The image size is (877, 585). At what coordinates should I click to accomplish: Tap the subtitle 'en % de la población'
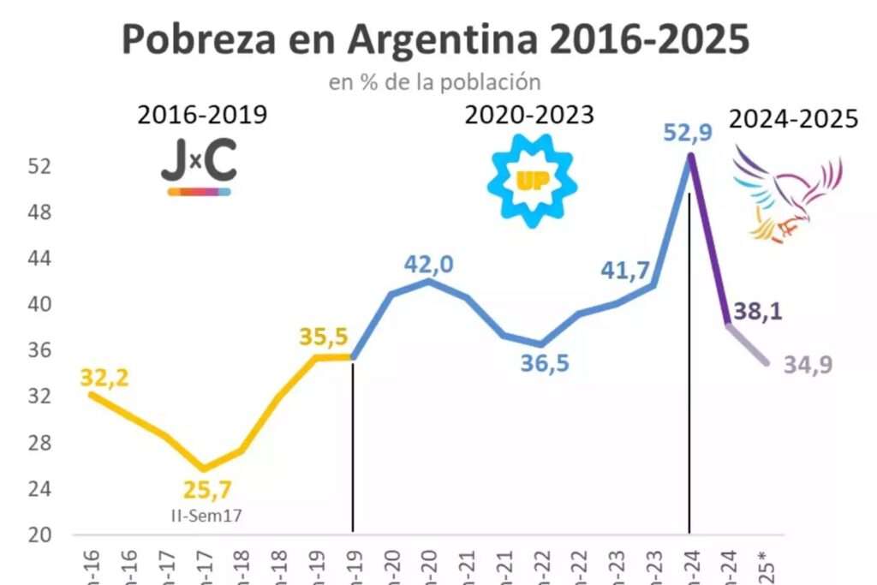(434, 82)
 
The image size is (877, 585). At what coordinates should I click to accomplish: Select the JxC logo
(199, 168)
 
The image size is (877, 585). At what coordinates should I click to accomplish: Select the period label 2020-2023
(529, 116)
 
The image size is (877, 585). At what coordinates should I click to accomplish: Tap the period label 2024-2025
(793, 119)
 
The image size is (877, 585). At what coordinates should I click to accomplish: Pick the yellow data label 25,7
(206, 491)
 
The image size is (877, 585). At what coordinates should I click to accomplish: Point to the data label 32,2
(104, 377)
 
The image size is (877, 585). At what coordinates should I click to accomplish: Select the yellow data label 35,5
(324, 337)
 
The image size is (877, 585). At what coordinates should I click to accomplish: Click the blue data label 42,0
(428, 265)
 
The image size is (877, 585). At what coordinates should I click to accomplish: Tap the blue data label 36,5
(545, 363)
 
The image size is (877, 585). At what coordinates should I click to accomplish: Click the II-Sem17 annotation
(206, 515)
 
